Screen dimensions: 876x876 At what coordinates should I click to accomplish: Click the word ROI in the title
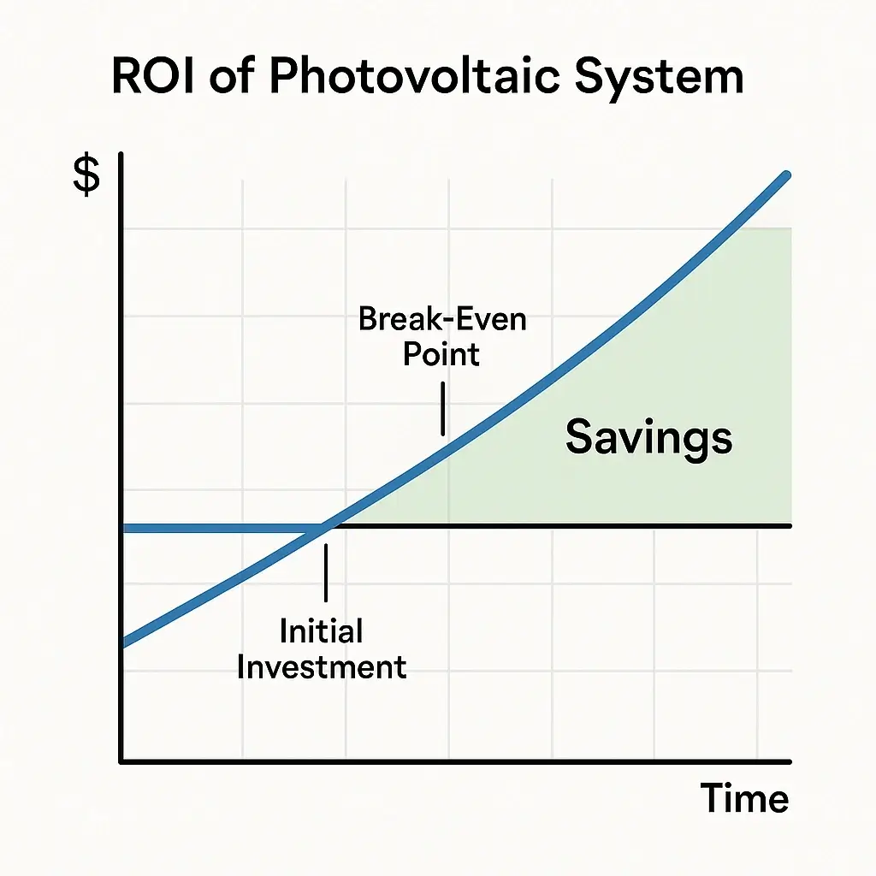pyautogui.click(x=152, y=75)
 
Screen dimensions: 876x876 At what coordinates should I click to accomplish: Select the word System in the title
pyautogui.click(x=660, y=79)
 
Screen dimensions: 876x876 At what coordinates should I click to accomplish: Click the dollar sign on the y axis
pyautogui.click(x=86, y=176)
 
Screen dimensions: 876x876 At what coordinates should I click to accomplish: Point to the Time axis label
pyautogui.click(x=744, y=798)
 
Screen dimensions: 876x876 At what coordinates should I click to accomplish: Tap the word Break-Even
pyautogui.click(x=442, y=319)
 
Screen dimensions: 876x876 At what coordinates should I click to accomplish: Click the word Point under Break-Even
pyautogui.click(x=441, y=354)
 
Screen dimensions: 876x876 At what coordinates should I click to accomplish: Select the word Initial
pyautogui.click(x=322, y=631)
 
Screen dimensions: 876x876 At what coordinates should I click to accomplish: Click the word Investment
pyautogui.click(x=322, y=667)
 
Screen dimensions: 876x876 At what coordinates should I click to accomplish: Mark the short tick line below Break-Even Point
pyautogui.click(x=443, y=408)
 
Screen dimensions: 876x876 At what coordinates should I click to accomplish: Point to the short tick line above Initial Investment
pyautogui.click(x=326, y=572)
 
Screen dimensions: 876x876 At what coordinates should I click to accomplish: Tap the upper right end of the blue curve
pyautogui.click(x=787, y=175)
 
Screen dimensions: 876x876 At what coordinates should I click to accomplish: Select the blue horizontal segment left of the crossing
pyautogui.click(x=222, y=528)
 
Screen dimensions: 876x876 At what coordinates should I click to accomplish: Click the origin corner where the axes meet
pyautogui.click(x=121, y=761)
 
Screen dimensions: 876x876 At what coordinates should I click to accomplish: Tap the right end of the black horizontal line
pyautogui.click(x=790, y=526)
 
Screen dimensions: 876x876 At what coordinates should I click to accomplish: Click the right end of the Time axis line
pyautogui.click(x=790, y=761)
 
